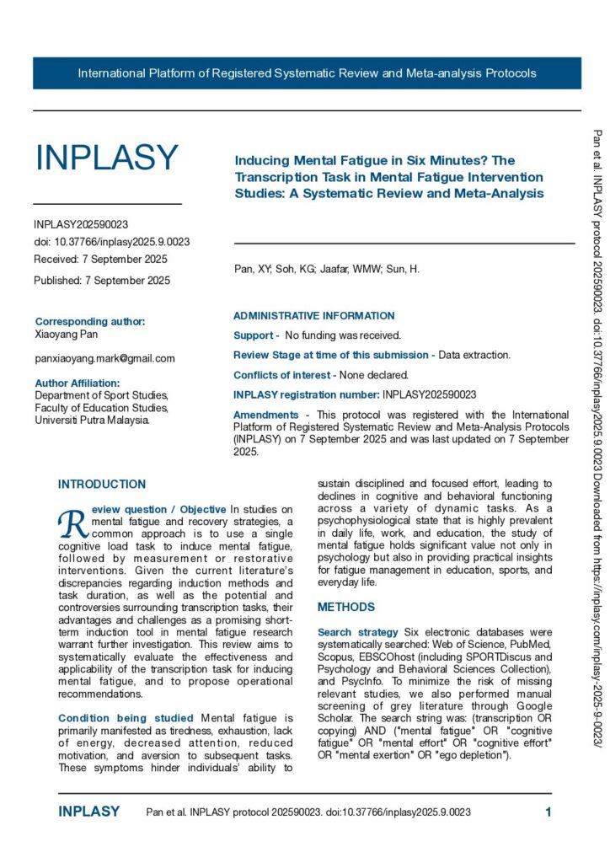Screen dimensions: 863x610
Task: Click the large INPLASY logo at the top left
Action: click(106, 158)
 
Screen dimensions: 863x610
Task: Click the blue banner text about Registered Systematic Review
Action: click(307, 73)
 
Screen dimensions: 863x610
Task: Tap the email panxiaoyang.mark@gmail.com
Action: click(104, 358)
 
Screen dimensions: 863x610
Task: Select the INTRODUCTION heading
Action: click(102, 485)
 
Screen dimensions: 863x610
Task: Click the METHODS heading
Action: click(345, 607)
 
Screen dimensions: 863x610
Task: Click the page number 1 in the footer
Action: click(548, 812)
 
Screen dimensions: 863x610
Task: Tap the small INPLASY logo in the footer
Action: click(89, 812)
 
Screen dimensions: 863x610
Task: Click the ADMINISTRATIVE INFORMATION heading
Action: click(313, 316)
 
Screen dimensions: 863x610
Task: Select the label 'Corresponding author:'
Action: click(90, 322)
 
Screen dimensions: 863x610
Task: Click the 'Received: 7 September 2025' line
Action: click(100, 259)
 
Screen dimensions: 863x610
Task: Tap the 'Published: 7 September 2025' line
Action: click(102, 280)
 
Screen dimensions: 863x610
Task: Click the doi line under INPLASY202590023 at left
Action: click(112, 242)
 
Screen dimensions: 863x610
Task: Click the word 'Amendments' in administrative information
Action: click(265, 415)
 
